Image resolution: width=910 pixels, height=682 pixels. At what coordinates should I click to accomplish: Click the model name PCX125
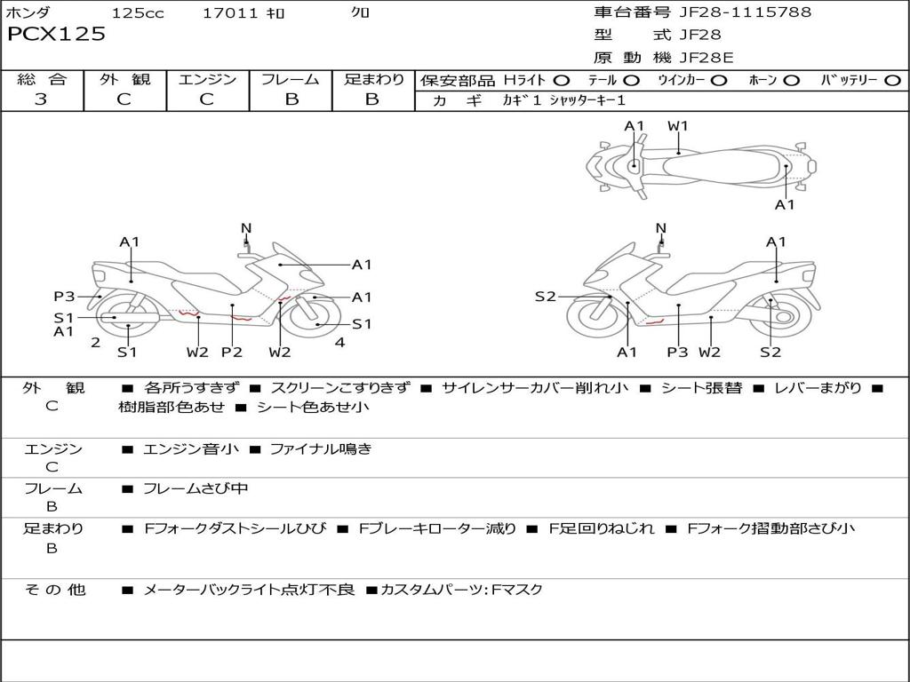tap(56, 35)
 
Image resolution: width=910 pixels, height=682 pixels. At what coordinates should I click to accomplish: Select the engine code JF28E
tap(706, 58)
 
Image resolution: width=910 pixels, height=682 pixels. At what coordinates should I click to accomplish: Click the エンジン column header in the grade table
tap(207, 80)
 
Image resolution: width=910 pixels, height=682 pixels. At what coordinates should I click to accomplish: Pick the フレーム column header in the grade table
tap(291, 80)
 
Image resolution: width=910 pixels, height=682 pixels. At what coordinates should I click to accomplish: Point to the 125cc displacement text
tap(138, 13)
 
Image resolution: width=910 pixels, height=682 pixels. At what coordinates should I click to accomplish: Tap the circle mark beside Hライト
tap(561, 81)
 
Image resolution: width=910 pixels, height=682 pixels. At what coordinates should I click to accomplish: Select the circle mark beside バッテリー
tap(891, 81)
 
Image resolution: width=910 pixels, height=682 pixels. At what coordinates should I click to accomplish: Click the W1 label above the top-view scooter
tap(678, 126)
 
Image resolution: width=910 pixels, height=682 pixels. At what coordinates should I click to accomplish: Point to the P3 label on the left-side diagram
tap(63, 297)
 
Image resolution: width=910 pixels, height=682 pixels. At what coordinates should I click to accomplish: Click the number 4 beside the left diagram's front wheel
tap(339, 342)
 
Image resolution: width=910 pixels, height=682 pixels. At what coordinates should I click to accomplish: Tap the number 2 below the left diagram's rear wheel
tap(95, 342)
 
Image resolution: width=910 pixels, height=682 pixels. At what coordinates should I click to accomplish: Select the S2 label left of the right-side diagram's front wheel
tap(545, 297)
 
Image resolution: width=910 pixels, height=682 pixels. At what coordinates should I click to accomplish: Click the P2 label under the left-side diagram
tap(232, 352)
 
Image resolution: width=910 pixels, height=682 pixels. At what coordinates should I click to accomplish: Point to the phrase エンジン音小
tap(191, 449)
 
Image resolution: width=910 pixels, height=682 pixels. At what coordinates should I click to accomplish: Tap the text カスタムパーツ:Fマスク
tap(461, 590)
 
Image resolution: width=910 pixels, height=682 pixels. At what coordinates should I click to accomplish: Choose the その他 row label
tap(54, 590)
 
